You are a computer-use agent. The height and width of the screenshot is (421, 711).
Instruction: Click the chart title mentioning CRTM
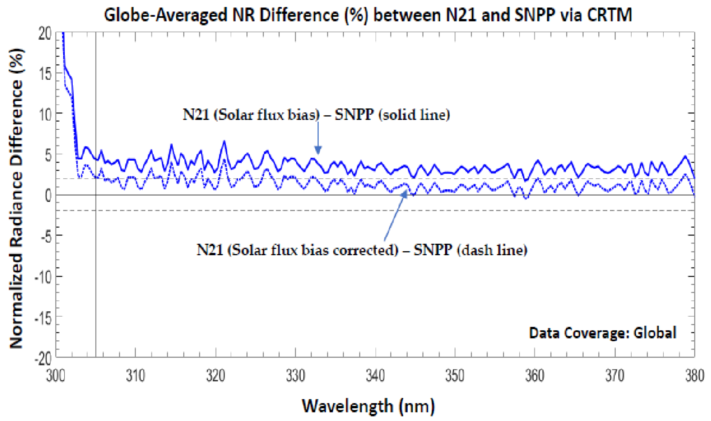pyautogui.click(x=368, y=15)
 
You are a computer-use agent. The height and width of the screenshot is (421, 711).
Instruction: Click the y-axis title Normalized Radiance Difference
pyautogui.click(x=17, y=199)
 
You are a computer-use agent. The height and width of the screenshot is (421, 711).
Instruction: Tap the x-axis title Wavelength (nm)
pyautogui.click(x=368, y=406)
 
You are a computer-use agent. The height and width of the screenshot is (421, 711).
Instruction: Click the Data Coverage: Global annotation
pyautogui.click(x=602, y=333)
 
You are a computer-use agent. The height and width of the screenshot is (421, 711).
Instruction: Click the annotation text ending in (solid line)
pyautogui.click(x=316, y=115)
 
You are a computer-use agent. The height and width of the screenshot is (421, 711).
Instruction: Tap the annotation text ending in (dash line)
pyautogui.click(x=362, y=250)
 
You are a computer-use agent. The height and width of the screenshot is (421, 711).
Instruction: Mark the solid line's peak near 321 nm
pyautogui.click(x=224, y=141)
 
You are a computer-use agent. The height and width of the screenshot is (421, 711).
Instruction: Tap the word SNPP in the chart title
pyautogui.click(x=534, y=15)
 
